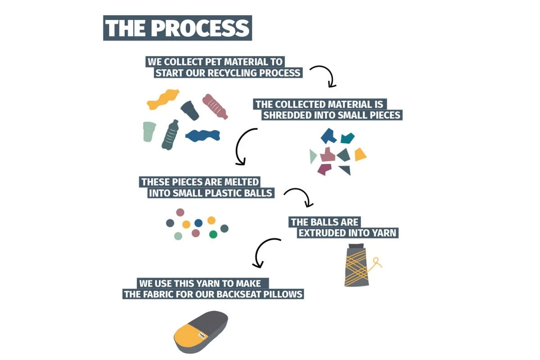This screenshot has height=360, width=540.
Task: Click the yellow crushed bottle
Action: [x=163, y=99]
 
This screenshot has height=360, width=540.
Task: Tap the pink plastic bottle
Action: [x=215, y=107]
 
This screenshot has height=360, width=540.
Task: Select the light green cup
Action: [x=149, y=131]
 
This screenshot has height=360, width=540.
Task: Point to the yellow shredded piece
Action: [x=360, y=154]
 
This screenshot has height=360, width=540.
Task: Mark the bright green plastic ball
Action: [x=213, y=234]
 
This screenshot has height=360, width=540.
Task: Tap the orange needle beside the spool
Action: [x=376, y=263]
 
